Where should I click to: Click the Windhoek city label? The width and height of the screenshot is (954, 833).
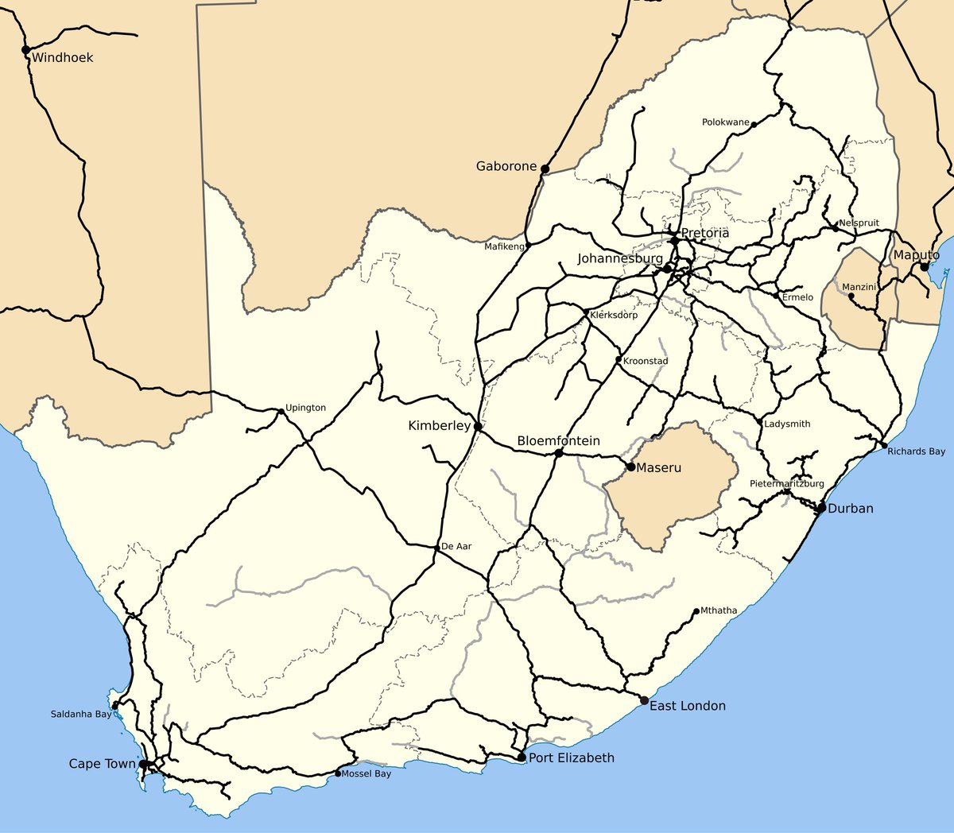click(62, 57)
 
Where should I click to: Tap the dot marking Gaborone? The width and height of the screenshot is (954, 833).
click(545, 168)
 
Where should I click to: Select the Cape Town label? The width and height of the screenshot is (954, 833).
click(102, 764)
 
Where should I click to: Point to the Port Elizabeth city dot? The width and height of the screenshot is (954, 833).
click(522, 757)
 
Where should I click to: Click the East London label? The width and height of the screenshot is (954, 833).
click(688, 706)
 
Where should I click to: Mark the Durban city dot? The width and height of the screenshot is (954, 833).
click(821, 508)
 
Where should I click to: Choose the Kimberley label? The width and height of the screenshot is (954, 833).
click(439, 426)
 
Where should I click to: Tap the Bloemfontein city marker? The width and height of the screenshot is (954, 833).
click(559, 453)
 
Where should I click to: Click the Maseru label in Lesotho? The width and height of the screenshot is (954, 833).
click(658, 468)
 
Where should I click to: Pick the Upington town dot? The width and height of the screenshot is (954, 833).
click(281, 412)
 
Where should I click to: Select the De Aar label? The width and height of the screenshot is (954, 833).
click(456, 547)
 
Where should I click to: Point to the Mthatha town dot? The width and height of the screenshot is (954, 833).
click(696, 611)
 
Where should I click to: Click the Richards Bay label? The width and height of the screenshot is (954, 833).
click(917, 451)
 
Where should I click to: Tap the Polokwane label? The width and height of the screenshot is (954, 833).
click(725, 122)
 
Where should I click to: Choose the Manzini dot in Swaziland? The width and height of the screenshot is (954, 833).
click(851, 296)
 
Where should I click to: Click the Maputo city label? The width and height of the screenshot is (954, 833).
click(916, 255)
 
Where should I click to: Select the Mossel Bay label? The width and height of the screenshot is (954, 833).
click(366, 774)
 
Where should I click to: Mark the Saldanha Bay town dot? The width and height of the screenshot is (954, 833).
click(115, 705)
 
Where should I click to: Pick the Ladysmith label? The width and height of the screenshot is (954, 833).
click(787, 424)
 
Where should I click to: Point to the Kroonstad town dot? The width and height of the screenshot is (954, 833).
click(619, 359)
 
